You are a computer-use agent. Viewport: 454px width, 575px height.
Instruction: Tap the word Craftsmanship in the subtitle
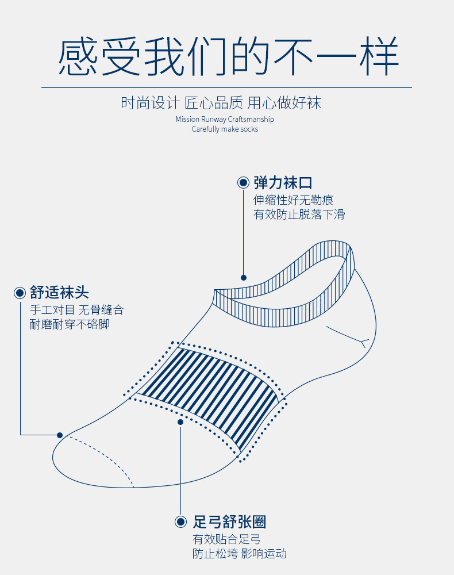(x=251, y=119)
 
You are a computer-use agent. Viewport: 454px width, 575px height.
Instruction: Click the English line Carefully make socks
(x=225, y=129)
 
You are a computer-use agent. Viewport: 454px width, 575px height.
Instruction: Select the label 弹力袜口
(x=283, y=183)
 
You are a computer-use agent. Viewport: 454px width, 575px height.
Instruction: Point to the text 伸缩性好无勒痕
(x=293, y=200)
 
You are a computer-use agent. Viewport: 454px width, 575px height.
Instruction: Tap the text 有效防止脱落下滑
(x=299, y=214)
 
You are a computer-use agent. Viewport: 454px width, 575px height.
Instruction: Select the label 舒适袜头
(x=60, y=293)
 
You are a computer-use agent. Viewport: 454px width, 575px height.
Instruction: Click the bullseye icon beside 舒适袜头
(x=20, y=293)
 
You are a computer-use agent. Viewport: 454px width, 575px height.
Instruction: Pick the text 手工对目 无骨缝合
(x=76, y=310)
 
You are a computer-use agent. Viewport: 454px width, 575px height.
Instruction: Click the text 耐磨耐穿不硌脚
(x=70, y=324)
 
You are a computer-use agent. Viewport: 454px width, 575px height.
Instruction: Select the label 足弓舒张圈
(x=229, y=522)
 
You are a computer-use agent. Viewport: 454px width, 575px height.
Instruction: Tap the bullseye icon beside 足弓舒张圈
(x=181, y=522)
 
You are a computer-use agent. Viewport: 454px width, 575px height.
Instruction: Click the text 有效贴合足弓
(x=226, y=539)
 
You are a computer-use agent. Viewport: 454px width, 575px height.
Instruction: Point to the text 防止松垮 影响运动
(x=239, y=554)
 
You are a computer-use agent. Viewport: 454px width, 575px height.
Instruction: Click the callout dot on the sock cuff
(x=244, y=277)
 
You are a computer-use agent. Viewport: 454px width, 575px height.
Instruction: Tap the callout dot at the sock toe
(x=59, y=435)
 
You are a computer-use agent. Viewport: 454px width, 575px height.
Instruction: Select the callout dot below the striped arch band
(x=180, y=421)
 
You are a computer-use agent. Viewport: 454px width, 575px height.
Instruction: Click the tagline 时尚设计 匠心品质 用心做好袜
(x=221, y=103)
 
